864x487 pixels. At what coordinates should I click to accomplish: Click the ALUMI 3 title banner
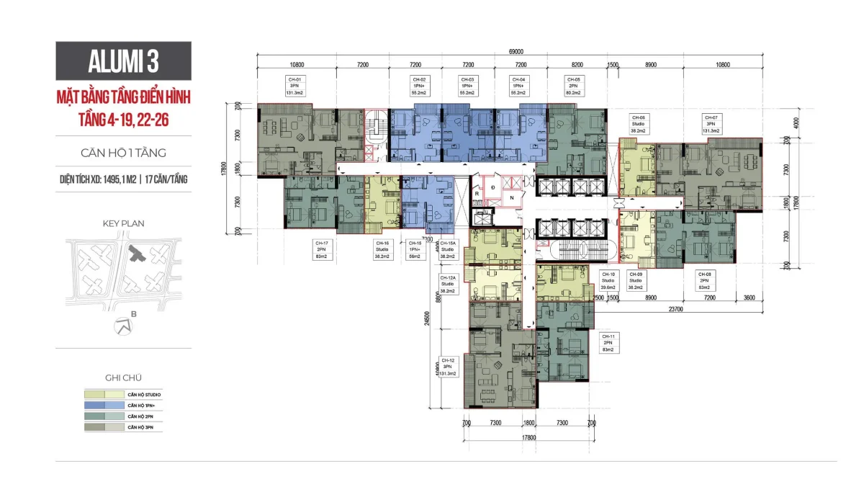(124, 61)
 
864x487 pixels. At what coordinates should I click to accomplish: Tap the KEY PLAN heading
(124, 223)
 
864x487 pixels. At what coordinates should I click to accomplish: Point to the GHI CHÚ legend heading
(124, 377)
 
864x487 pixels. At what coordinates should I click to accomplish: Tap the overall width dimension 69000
(515, 51)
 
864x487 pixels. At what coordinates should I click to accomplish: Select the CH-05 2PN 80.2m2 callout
(573, 86)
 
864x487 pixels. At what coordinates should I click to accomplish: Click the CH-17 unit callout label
(321, 249)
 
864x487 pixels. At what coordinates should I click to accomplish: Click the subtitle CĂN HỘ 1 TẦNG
(124, 153)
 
